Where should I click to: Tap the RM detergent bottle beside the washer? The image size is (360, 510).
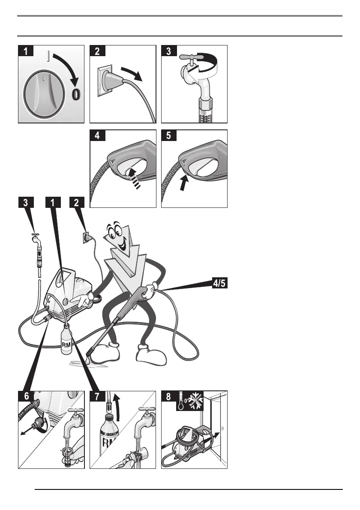pyautogui.click(x=67, y=341)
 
